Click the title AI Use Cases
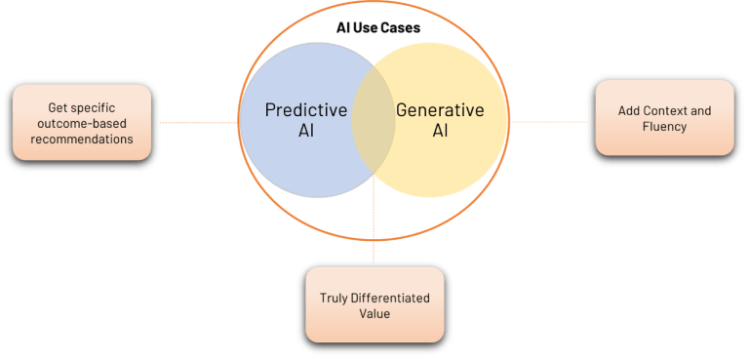tap(374, 28)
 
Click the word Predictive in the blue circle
tap(305, 109)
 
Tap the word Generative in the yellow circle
tap(440, 109)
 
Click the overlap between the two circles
tap(374, 122)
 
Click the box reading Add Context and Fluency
tap(665, 119)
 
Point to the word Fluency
tap(665, 127)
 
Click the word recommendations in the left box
tap(82, 139)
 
